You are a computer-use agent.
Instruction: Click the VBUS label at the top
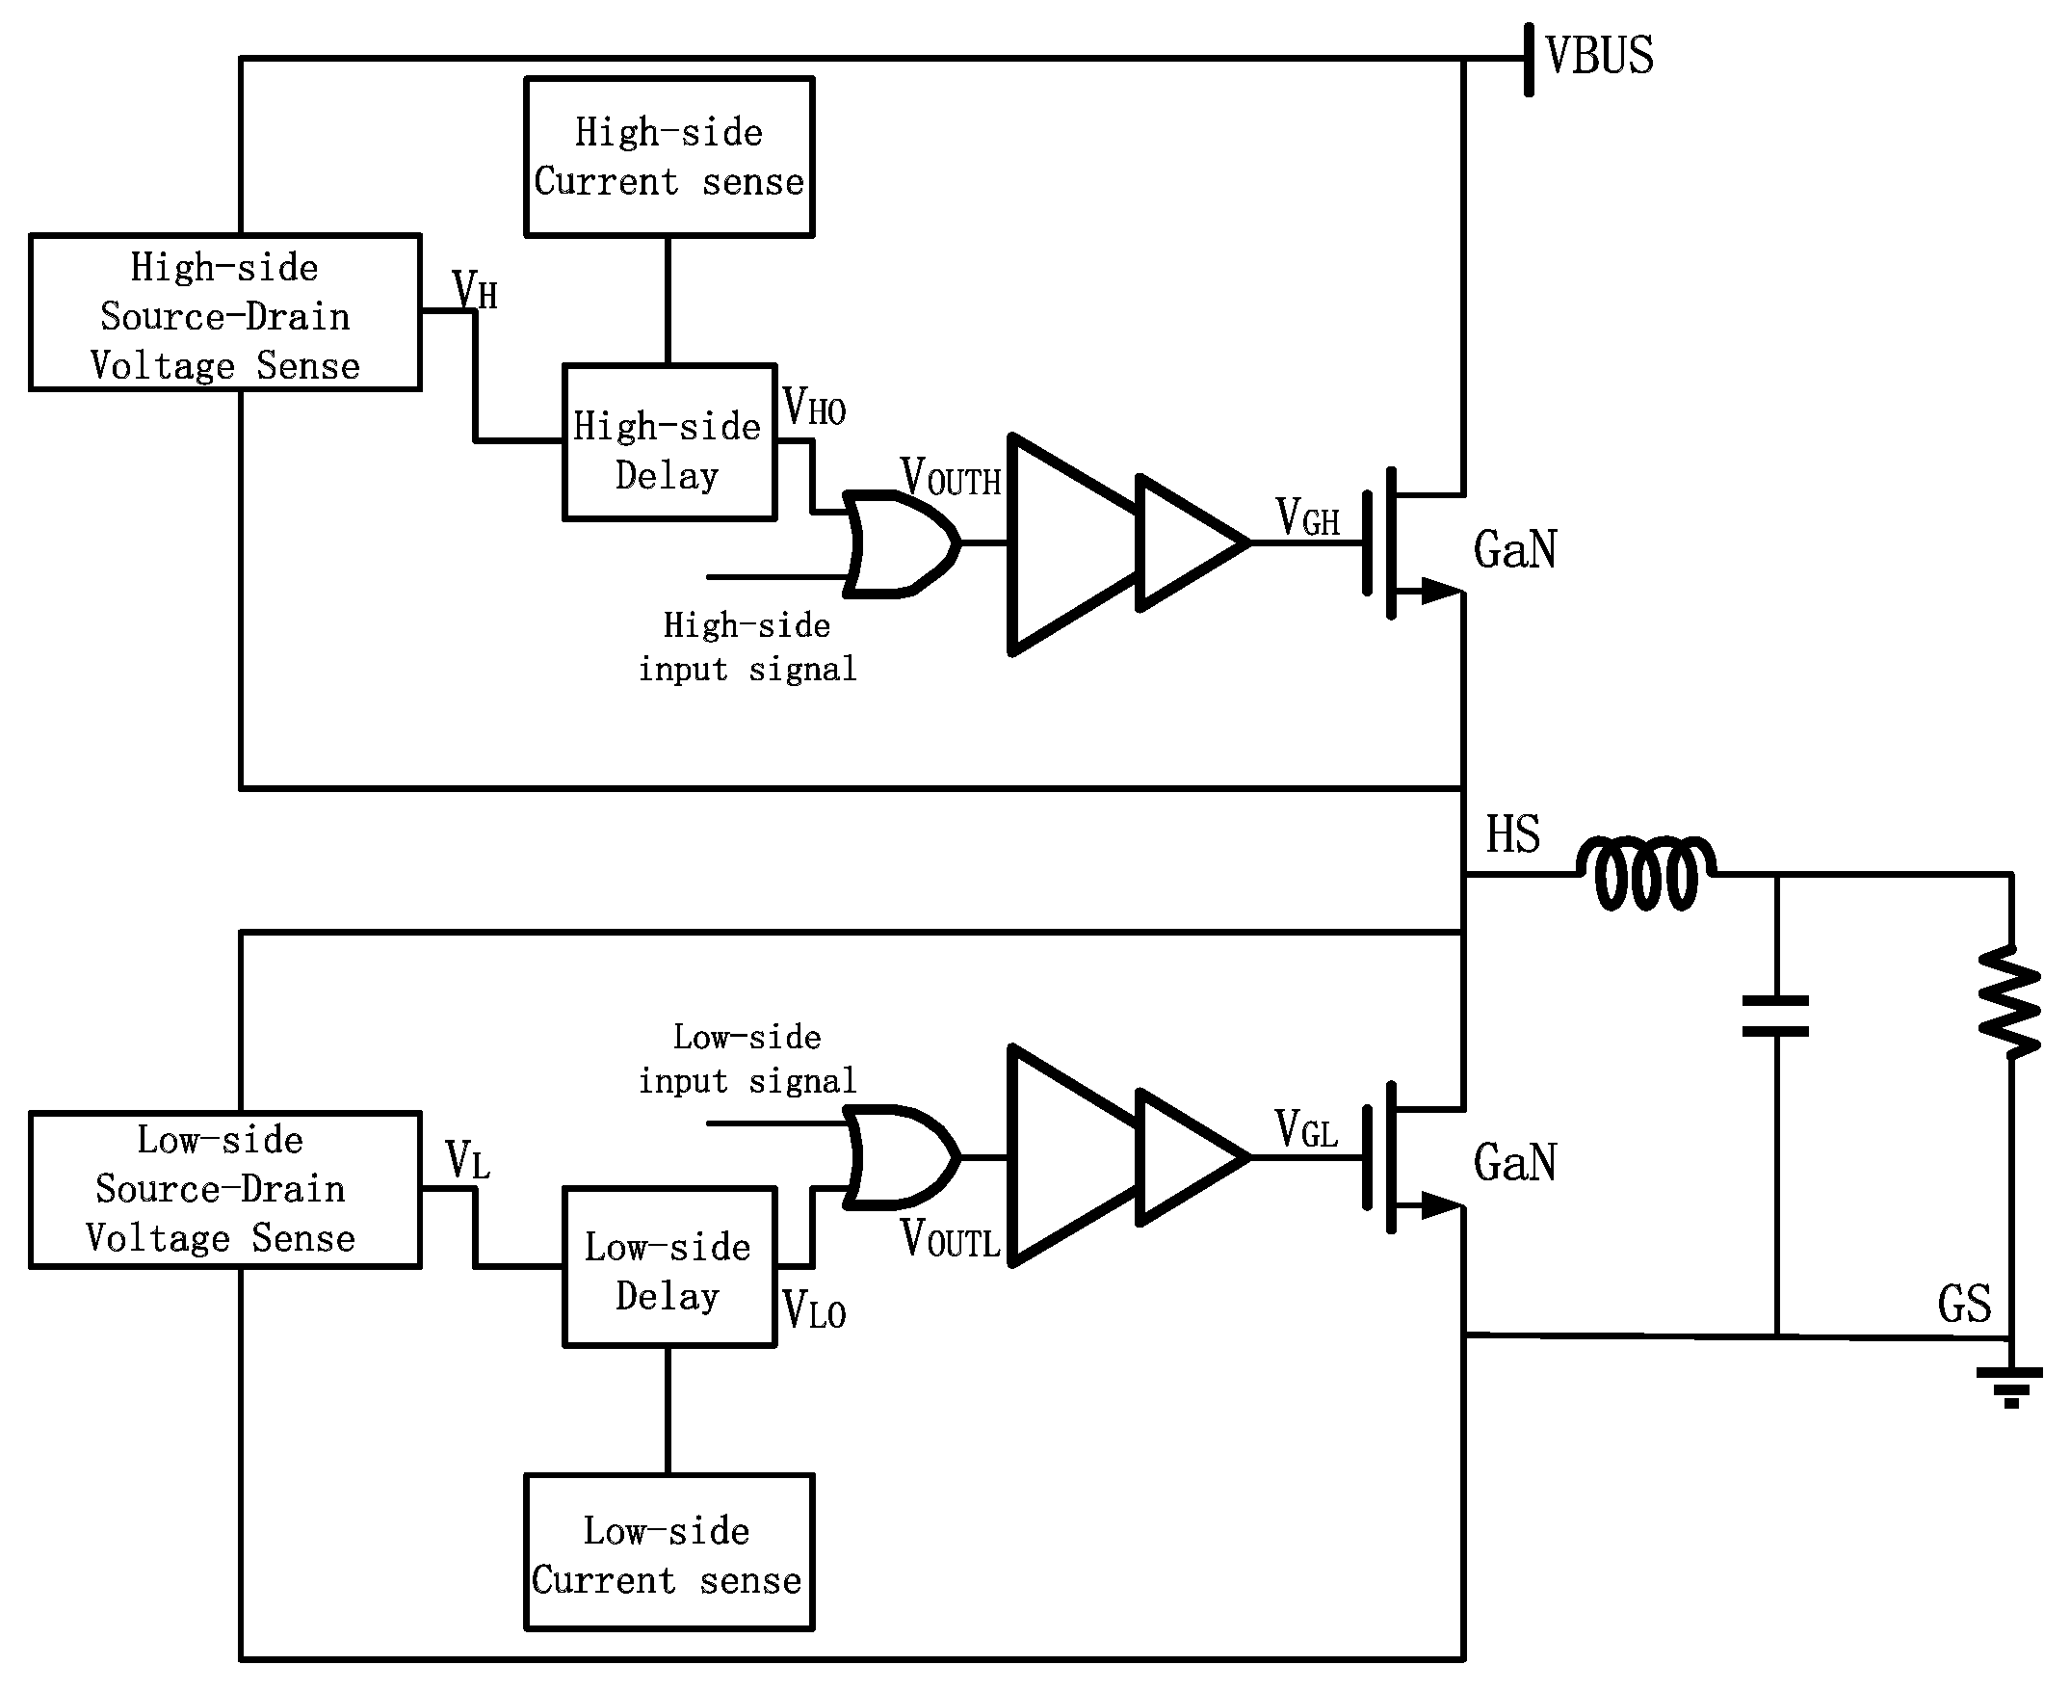coord(1598,56)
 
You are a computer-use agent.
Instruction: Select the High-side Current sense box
coord(668,157)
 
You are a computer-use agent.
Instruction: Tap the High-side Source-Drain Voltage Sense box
coord(224,314)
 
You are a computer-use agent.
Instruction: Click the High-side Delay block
coord(668,443)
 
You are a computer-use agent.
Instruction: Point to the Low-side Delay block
coord(668,1267)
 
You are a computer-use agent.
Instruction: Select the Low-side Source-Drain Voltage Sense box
coord(224,1189)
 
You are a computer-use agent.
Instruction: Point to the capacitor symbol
coord(1776,1016)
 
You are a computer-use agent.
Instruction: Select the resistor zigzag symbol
coord(2009,1001)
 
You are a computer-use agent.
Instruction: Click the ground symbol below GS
coord(2009,1387)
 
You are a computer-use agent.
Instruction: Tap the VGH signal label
coord(1307,517)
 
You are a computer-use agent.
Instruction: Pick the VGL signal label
coord(1307,1130)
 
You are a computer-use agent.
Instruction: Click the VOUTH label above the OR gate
coord(951,477)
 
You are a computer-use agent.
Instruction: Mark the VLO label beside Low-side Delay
coord(814,1310)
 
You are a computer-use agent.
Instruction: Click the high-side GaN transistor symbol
coord(1402,543)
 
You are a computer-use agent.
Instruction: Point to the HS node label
coord(1512,834)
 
